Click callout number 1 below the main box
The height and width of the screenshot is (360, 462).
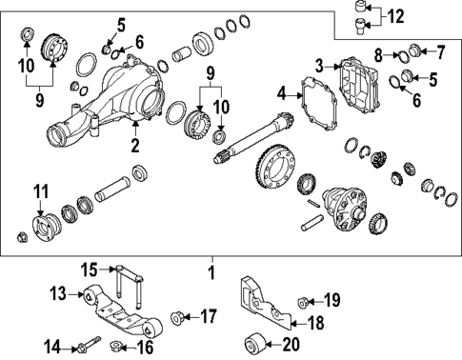click(212, 272)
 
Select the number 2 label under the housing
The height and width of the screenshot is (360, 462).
click(135, 146)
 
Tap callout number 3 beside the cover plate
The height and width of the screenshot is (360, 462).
click(320, 65)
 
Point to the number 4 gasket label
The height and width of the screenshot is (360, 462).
click(281, 93)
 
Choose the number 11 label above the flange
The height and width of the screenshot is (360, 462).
click(39, 196)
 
